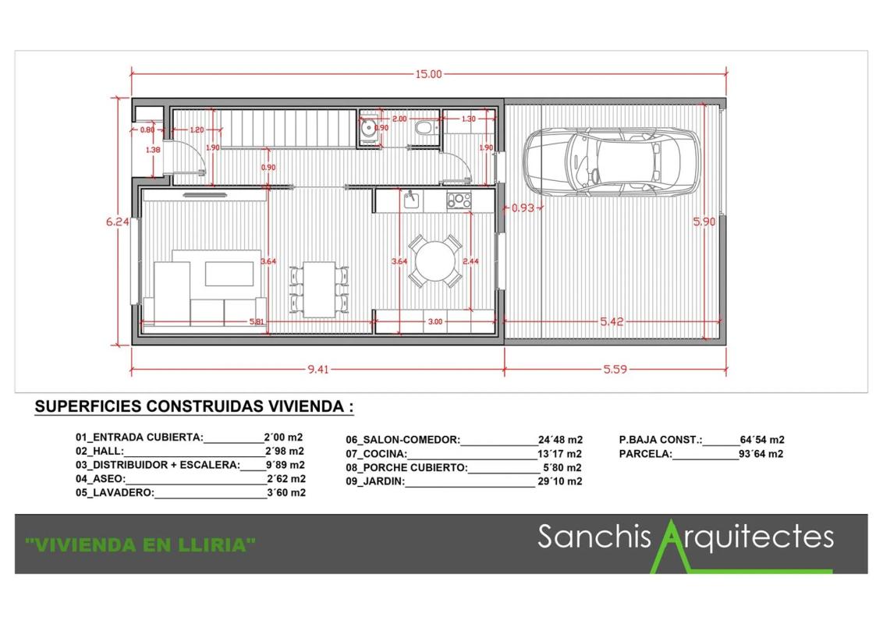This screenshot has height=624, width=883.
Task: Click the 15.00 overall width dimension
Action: [x=428, y=74]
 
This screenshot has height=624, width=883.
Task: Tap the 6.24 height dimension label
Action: [x=117, y=222]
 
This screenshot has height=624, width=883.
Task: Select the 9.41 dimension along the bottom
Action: [x=318, y=370]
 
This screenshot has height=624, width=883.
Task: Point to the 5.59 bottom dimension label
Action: [x=615, y=370]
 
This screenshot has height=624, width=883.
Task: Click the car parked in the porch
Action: [x=612, y=162]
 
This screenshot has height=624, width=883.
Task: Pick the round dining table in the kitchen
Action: [x=434, y=261]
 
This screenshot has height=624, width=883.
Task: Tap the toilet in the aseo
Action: [x=427, y=128]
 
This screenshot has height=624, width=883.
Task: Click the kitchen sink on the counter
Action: [x=411, y=200]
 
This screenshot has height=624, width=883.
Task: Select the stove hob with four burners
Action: [x=459, y=200]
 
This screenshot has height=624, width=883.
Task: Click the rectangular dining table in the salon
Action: [x=319, y=289]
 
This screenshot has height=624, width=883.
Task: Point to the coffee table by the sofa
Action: [x=229, y=274]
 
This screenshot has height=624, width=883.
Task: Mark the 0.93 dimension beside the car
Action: [x=523, y=207]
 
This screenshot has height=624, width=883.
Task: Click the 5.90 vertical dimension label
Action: [x=704, y=222]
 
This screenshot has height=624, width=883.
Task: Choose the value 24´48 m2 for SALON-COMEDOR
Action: [x=560, y=440]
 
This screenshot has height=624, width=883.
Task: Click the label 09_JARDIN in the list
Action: [x=375, y=481]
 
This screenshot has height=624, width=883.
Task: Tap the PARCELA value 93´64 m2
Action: [x=761, y=454]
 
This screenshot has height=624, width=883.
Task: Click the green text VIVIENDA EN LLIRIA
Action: [x=140, y=544]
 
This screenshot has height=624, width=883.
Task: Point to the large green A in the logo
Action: [x=672, y=546]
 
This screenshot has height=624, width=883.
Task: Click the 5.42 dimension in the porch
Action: [x=612, y=321]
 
